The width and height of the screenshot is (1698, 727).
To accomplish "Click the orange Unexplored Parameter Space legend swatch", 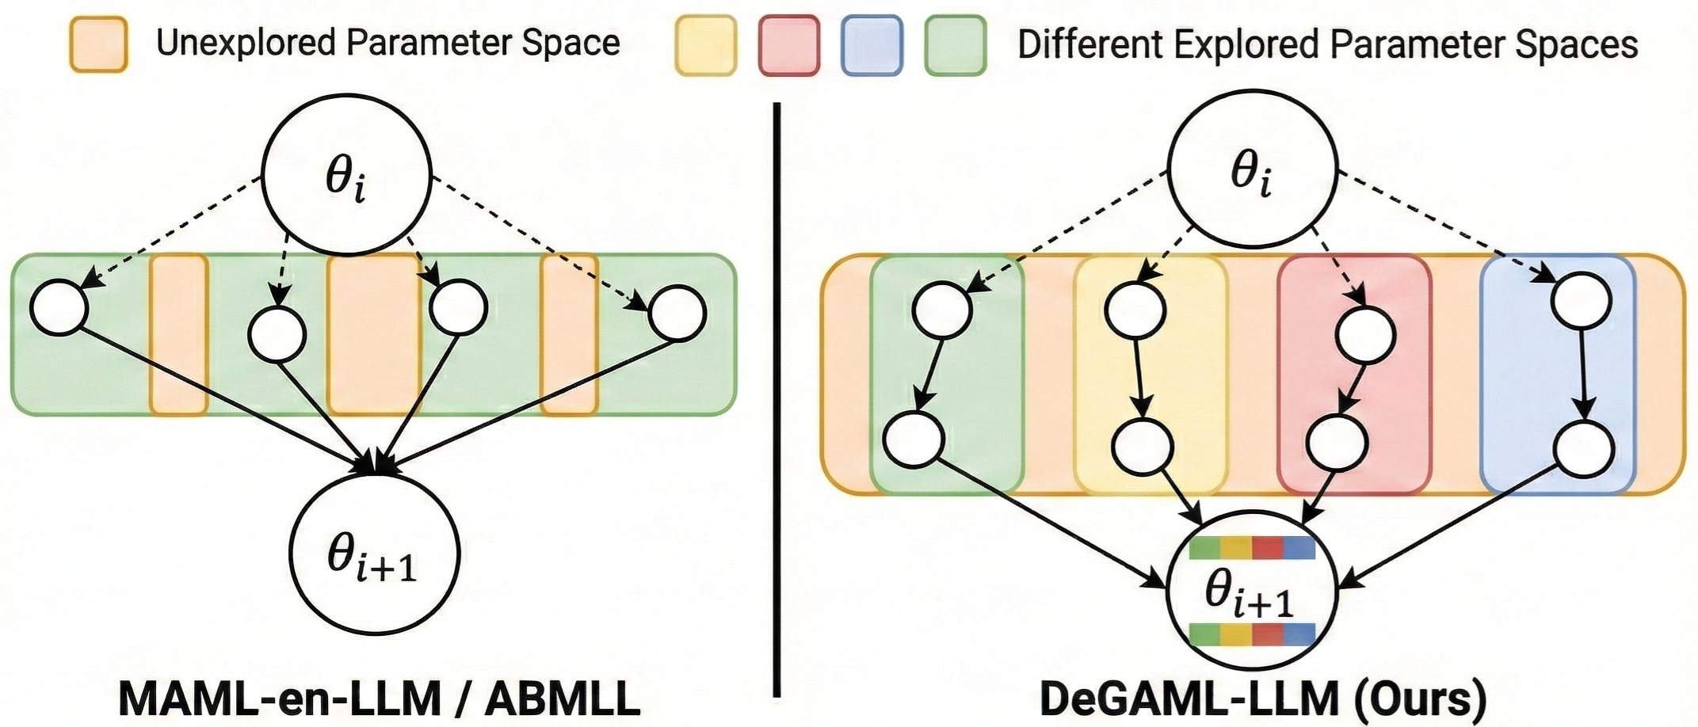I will (98, 45).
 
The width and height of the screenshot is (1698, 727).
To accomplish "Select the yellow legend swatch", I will (705, 46).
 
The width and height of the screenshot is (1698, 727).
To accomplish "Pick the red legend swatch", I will (788, 46).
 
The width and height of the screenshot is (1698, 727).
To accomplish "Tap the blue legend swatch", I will (872, 46).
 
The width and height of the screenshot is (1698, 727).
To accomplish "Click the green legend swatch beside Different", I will (956, 46).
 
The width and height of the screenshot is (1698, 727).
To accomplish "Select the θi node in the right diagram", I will (1252, 173).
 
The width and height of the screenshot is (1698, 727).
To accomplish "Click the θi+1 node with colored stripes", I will (1252, 590).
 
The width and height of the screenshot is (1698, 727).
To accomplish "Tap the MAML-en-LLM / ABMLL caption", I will (379, 698).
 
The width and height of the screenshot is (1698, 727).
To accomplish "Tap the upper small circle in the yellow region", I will (1135, 310).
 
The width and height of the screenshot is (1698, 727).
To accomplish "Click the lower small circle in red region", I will (1336, 444).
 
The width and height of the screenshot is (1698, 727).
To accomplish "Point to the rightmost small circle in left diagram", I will (677, 314).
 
